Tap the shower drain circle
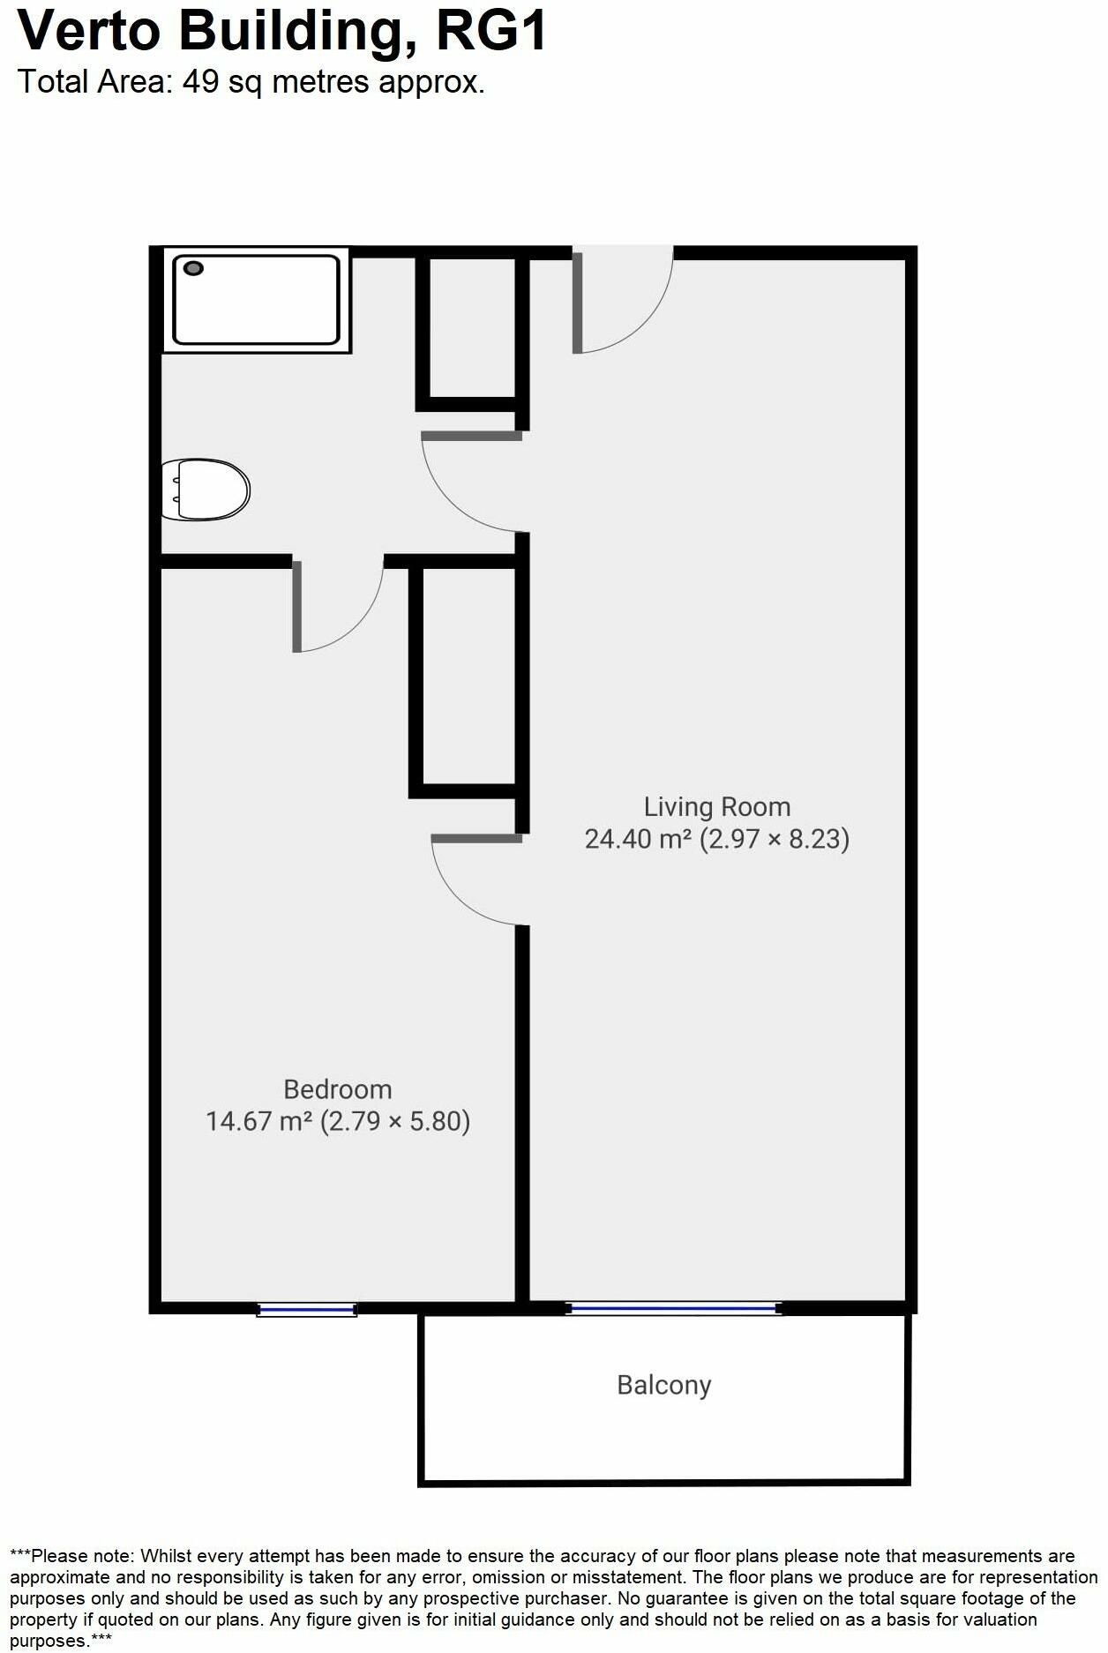click(x=193, y=268)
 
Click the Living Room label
click(x=716, y=807)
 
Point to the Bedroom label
click(x=337, y=1089)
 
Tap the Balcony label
click(x=663, y=1385)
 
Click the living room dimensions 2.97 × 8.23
click(x=775, y=839)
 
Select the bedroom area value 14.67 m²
click(x=259, y=1121)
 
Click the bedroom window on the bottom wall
click(x=307, y=1310)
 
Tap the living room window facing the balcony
click(x=674, y=1309)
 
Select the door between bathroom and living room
click(x=471, y=481)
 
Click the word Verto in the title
click(x=89, y=32)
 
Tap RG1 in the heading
click(x=491, y=32)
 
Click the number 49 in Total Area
click(x=199, y=82)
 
